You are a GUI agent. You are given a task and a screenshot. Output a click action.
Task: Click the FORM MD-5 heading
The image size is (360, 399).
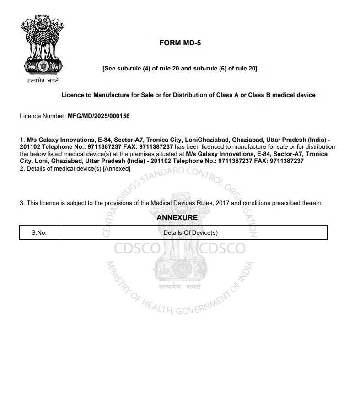pyautogui.click(x=180, y=43)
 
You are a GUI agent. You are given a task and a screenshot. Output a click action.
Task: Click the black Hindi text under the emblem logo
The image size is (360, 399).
pyautogui.click(x=43, y=81)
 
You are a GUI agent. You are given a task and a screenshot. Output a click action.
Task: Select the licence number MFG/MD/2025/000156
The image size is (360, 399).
pyautogui.click(x=98, y=116)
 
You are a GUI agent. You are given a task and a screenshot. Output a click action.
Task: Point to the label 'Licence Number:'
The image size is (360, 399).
pyautogui.click(x=43, y=116)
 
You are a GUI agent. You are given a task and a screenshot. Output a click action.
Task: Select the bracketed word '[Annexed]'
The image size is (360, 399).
pyautogui.click(x=117, y=169)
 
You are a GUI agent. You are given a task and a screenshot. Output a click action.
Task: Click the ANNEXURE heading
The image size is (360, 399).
pyautogui.click(x=177, y=217)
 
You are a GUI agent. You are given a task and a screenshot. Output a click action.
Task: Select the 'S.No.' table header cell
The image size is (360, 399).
pyautogui.click(x=39, y=232)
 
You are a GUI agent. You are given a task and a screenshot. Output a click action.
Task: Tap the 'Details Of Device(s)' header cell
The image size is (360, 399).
pyautogui.click(x=190, y=232)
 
